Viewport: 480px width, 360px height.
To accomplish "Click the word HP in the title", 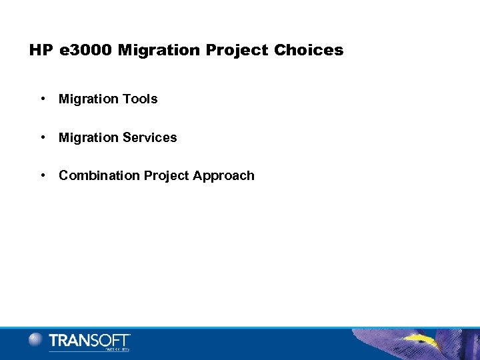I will click(40, 51).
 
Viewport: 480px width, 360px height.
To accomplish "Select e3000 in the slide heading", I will click(82, 51).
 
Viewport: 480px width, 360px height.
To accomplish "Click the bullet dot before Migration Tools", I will click(42, 99).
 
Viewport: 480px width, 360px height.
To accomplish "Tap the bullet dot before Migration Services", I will click(42, 137).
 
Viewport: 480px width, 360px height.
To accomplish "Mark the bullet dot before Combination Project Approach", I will click(42, 175).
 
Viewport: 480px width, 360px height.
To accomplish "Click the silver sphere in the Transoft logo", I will click(35, 339).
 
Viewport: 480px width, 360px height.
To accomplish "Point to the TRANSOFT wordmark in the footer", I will click(89, 340).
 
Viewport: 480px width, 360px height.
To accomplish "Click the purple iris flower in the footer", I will click(413, 343).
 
